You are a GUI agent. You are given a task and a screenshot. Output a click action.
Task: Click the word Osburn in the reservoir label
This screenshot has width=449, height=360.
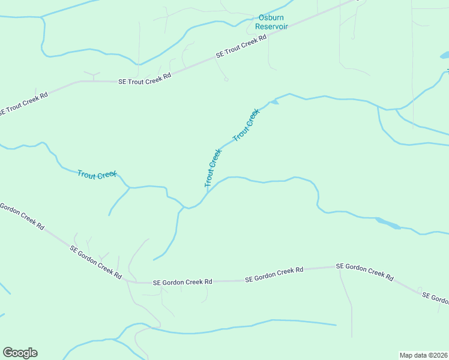[x=271, y=18]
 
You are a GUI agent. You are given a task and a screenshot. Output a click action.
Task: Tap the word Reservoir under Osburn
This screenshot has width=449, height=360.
[x=271, y=27]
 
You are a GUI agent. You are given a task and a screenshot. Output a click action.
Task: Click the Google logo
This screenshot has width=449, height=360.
[x=20, y=353]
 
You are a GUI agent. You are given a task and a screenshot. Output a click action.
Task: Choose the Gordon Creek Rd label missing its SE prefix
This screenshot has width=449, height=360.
[x=22, y=217]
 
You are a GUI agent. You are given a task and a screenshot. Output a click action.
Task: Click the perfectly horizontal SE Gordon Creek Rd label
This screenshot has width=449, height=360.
[x=182, y=281]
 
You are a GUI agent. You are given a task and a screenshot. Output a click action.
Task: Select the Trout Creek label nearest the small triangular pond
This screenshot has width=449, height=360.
[x=246, y=124]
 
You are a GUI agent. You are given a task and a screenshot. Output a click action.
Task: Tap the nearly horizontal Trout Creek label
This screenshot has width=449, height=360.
[x=97, y=174]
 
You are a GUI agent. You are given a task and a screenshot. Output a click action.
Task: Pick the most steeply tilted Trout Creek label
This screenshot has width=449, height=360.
[x=213, y=167]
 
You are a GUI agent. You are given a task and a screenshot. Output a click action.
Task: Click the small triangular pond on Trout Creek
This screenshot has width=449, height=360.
[x=274, y=102]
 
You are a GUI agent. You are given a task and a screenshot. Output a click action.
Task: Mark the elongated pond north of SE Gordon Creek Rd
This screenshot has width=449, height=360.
[x=388, y=224]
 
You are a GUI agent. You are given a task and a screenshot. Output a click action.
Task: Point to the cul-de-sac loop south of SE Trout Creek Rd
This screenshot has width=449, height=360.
[x=226, y=79]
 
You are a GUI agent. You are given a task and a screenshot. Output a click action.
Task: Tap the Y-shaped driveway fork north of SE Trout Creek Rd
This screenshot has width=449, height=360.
[x=92, y=74]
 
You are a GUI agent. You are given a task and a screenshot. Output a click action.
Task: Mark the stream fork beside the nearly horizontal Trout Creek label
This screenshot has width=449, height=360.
[x=128, y=188]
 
